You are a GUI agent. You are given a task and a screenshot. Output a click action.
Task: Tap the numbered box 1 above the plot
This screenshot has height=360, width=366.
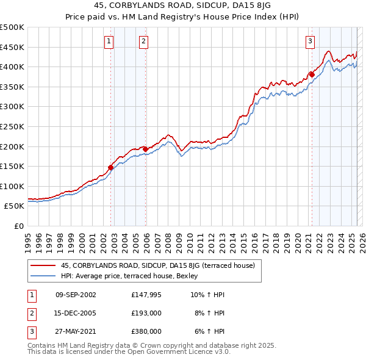[x=109, y=41]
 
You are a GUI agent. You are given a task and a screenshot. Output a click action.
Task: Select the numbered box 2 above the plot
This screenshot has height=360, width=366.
[x=143, y=41]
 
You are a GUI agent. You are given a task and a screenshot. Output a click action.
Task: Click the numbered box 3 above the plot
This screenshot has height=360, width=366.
[x=310, y=41]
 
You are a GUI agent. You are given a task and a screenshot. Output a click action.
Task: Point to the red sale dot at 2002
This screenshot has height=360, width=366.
[x=111, y=167]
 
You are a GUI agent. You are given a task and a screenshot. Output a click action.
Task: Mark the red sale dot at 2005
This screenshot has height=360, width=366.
[x=146, y=149]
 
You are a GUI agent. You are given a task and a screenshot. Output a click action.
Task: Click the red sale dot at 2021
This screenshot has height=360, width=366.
[x=312, y=74]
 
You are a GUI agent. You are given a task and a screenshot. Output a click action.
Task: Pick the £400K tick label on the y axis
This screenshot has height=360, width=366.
[x=12, y=67]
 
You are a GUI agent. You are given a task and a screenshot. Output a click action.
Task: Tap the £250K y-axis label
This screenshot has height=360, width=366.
[x=12, y=126]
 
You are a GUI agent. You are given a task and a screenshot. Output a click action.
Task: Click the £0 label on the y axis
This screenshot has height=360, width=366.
[x=19, y=226]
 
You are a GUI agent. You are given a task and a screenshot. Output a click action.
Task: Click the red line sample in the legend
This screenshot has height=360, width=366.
[x=43, y=265]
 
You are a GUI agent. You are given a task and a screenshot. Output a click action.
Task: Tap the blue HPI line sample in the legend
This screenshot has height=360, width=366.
[x=43, y=276]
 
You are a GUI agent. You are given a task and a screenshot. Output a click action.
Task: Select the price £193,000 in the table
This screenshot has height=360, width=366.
[x=146, y=314]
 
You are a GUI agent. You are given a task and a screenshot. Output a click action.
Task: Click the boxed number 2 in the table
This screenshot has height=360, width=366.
[x=31, y=314]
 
